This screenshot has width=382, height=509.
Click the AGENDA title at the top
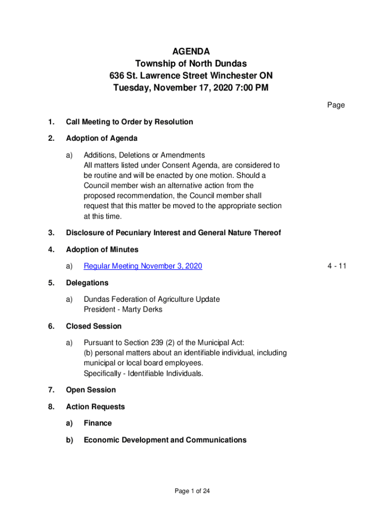pos(191,51)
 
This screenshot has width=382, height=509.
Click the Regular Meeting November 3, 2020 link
pos(143,266)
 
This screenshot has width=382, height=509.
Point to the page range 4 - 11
pos(336,266)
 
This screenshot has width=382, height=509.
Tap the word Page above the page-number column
pos(336,105)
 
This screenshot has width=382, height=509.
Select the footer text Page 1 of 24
pos(192,491)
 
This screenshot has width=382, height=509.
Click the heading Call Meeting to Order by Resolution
pos(129,122)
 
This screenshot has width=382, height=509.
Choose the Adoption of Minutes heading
pos(102,250)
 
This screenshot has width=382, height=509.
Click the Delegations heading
pos(87,283)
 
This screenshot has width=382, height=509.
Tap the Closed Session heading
pos(94,326)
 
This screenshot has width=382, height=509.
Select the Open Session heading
pos(91,390)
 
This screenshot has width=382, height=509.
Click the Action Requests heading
pos(95,407)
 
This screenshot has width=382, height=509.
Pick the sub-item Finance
pos(98,423)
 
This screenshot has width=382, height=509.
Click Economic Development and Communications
pos(165,440)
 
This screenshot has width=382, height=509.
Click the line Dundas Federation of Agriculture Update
pos(152,299)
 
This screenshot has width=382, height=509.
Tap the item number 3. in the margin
pos(52,233)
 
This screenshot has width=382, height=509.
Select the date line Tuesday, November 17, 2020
pos(191,88)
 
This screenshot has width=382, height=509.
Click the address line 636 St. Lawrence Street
pos(191,76)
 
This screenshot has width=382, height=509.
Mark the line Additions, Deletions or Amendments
pos(144,155)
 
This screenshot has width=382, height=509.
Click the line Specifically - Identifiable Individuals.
pos(143,373)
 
